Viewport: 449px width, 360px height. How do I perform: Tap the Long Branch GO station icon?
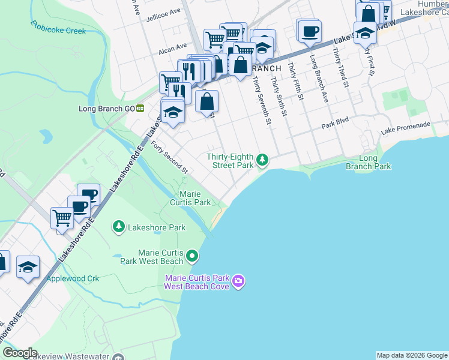pos(140,109)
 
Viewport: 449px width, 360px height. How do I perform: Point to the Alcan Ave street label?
pos(172,52)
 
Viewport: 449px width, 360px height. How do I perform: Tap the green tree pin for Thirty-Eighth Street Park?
pos(262,160)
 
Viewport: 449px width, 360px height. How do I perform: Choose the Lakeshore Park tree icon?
pos(119,227)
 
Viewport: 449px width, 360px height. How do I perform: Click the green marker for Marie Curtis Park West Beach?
pos(192,257)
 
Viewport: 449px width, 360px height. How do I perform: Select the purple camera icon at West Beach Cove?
pos(239,281)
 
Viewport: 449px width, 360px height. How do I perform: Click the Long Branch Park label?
pos(368,162)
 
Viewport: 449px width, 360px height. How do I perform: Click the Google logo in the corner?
pos(20,353)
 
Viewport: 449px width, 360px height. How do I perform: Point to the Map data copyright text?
pos(412,355)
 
